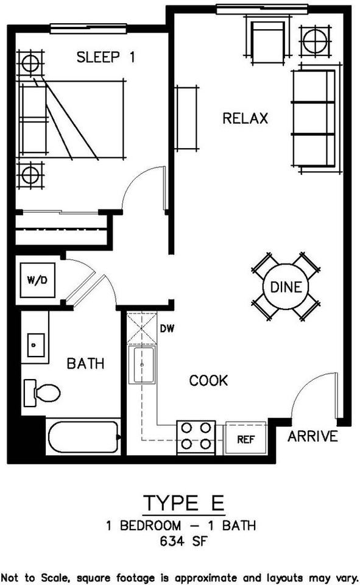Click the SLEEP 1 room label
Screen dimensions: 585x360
coord(105,58)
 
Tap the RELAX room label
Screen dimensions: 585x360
coord(245,118)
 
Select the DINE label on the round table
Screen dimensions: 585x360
coord(286,286)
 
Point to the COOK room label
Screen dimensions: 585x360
coord(208,381)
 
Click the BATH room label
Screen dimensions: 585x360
coord(85,364)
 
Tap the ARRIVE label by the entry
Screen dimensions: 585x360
coord(312,436)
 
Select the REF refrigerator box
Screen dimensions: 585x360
coord(245,438)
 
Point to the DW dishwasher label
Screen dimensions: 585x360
coord(168,329)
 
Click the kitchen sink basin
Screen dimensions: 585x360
coord(144,365)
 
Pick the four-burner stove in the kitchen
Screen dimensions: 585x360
coord(196,437)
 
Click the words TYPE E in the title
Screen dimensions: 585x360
coord(184,504)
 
